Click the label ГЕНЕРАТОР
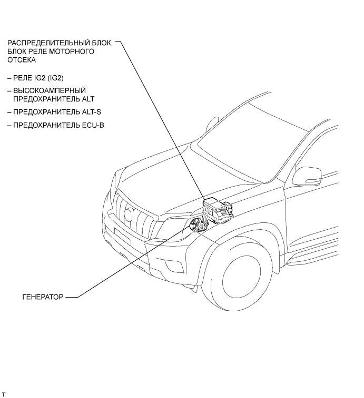(x=42, y=297)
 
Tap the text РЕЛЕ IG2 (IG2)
(x=37, y=78)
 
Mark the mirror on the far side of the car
(x=212, y=124)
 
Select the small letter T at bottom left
(x=4, y=394)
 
